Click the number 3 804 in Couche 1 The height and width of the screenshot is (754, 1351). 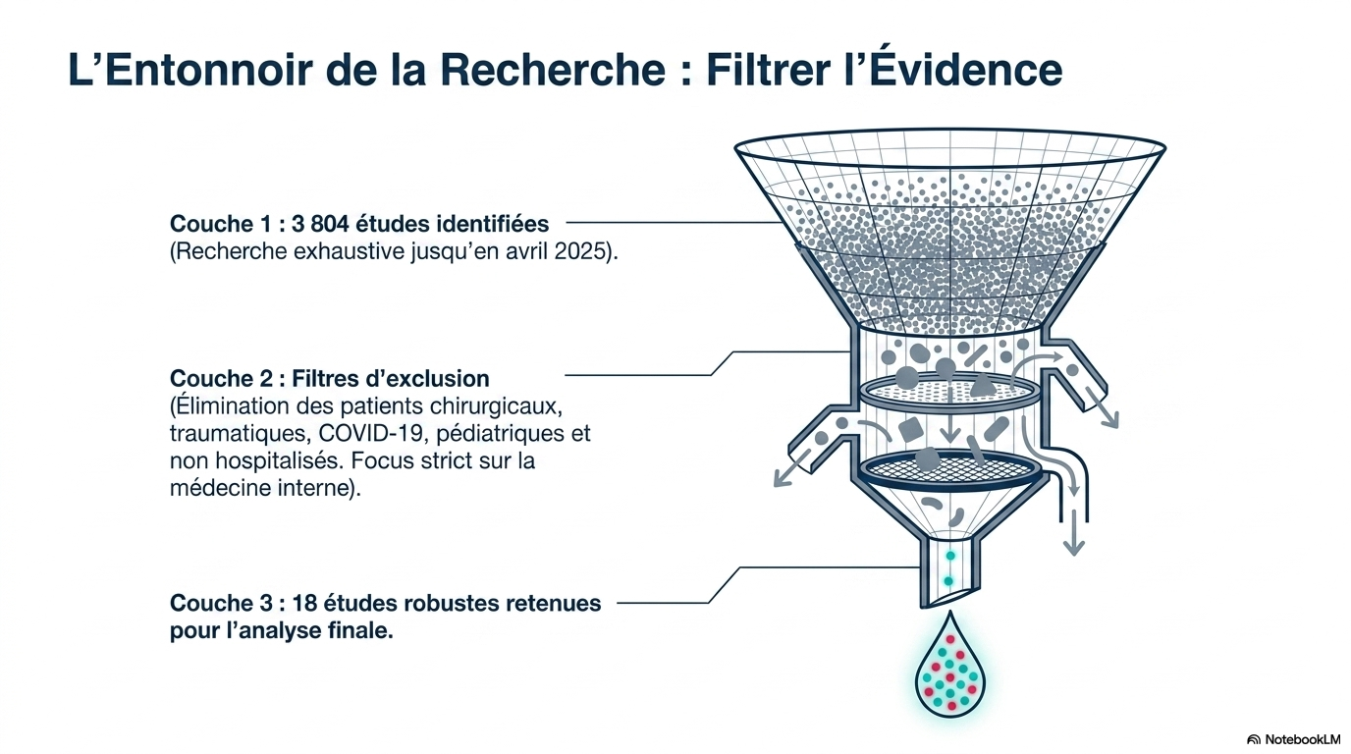click(320, 224)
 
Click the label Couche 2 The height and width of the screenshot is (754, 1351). click(221, 379)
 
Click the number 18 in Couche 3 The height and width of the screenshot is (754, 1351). click(305, 603)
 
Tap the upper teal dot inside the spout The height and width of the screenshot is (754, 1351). click(950, 555)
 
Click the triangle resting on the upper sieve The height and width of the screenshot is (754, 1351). click(981, 385)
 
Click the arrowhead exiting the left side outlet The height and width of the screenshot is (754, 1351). click(782, 478)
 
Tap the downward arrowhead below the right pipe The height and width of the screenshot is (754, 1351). click(1073, 547)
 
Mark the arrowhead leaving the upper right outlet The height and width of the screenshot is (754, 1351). click(1109, 419)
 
